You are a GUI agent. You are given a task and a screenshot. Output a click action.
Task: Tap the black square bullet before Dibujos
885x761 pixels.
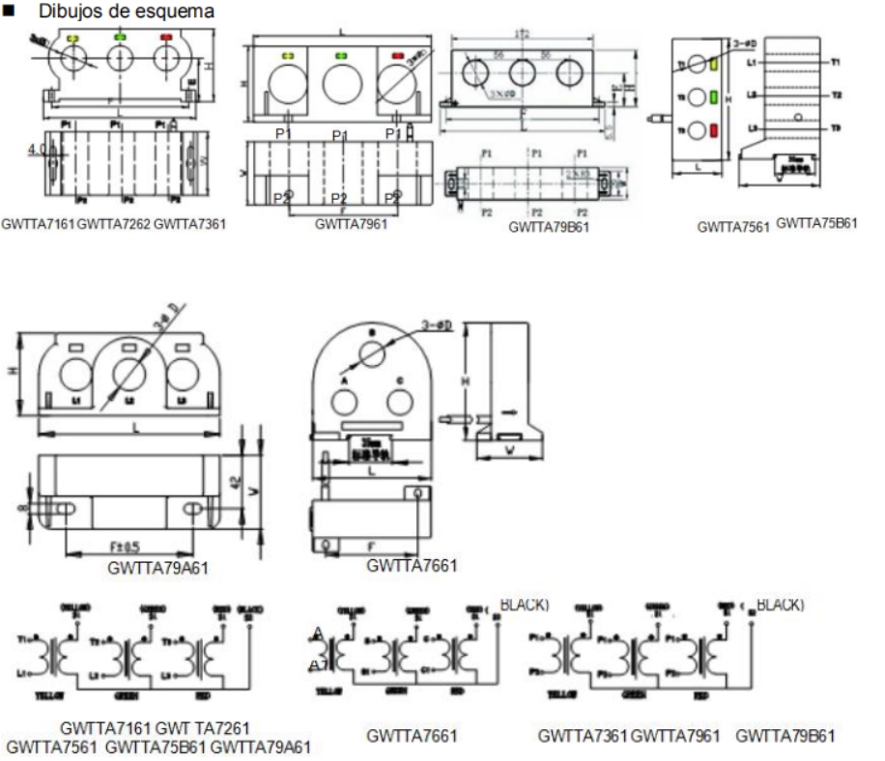click(x=15, y=13)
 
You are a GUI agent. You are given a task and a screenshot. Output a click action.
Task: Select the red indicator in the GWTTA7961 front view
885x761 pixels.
click(x=397, y=57)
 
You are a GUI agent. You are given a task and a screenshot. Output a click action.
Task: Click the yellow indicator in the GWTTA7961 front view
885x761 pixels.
click(x=287, y=57)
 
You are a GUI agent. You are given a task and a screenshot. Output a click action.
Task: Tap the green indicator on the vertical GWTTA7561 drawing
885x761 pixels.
click(x=714, y=98)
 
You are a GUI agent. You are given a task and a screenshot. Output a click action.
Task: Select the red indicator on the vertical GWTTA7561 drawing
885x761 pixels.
click(x=714, y=130)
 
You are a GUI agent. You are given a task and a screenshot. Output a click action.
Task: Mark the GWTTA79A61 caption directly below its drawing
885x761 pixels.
click(x=158, y=568)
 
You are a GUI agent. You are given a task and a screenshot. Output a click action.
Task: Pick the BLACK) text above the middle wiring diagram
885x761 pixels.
click(x=524, y=606)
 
